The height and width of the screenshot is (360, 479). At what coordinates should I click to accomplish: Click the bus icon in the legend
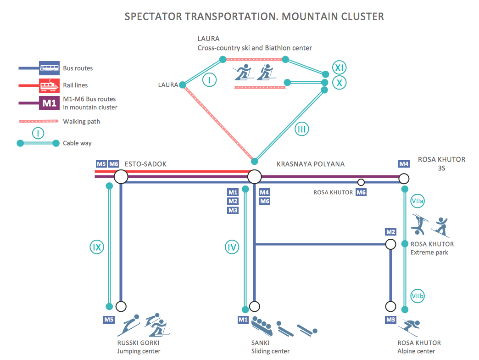coord(49,68)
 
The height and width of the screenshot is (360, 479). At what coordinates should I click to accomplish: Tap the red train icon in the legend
coord(49,85)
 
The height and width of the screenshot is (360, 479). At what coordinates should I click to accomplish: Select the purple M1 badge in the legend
coord(49,103)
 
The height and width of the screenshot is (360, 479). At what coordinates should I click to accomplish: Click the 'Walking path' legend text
coord(81,122)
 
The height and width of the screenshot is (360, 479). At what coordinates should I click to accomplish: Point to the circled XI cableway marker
coord(339,68)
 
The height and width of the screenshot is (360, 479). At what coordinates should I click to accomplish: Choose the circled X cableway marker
coord(339,83)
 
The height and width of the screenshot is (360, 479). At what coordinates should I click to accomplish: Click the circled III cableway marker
coord(301,129)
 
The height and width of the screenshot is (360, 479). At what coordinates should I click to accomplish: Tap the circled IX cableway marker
coord(96,247)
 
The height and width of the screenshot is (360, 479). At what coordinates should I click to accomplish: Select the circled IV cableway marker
coord(232,247)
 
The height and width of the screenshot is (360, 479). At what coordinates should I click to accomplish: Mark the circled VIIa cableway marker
coord(417,201)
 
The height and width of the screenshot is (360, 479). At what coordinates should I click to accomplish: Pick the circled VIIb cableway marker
coord(417,297)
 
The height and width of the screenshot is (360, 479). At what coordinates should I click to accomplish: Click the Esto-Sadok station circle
coord(121,177)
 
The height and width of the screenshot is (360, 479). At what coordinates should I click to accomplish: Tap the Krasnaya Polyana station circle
coord(254,177)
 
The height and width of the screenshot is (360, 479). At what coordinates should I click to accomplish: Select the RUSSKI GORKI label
coord(139,343)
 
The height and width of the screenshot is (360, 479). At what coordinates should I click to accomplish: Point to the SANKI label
coord(260,343)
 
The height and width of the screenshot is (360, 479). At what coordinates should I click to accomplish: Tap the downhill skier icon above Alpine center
coord(409,327)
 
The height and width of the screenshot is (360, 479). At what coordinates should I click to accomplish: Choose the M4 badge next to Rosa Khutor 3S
coord(404,164)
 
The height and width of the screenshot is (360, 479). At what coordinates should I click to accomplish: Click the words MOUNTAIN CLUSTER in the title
coord(333,17)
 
